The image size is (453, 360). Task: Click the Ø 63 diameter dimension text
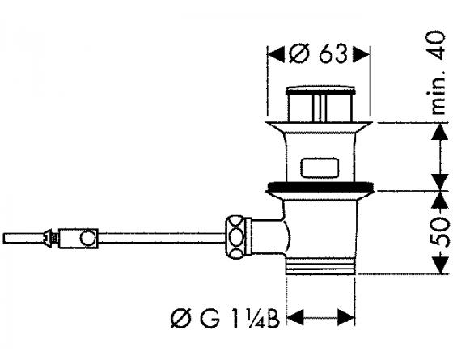pos(317,54)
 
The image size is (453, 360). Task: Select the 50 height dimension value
pos(441,232)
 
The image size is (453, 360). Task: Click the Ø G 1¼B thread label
pos(225,319)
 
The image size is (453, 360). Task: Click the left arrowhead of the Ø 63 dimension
pos(276,54)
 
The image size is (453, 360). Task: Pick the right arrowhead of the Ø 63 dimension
pos(361,54)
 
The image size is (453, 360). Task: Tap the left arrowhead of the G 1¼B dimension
pos(295,317)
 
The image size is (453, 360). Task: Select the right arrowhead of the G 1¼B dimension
pos(346,317)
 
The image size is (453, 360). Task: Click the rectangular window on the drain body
pos(320,167)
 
